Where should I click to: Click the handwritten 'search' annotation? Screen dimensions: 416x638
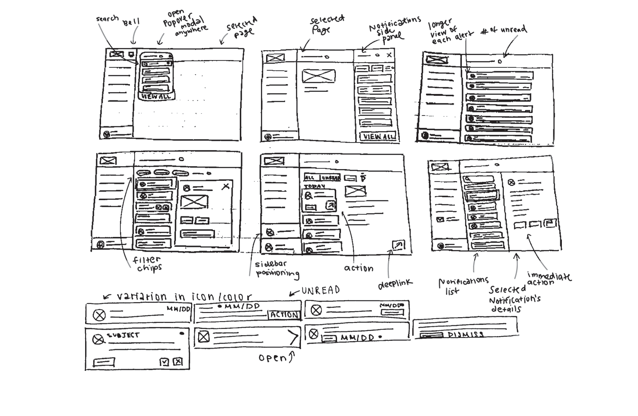coord(107,19)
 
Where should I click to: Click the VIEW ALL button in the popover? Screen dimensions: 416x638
coord(156,96)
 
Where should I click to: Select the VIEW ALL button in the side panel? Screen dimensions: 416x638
coord(378,137)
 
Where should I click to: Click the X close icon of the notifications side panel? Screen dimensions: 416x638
coord(389,55)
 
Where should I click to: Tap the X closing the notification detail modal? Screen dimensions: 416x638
coord(226,186)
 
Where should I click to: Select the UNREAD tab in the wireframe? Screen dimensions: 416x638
coord(331,177)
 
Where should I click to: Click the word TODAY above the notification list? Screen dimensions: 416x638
coord(315,186)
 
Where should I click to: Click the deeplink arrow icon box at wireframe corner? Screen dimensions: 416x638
coord(398,245)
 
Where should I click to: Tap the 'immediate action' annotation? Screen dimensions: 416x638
coord(549,279)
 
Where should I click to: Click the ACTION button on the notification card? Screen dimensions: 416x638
coord(284,315)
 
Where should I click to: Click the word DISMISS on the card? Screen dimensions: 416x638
coord(466,334)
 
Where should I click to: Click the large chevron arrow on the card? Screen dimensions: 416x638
coord(294,337)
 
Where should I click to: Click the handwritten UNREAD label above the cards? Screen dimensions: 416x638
coord(320,290)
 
